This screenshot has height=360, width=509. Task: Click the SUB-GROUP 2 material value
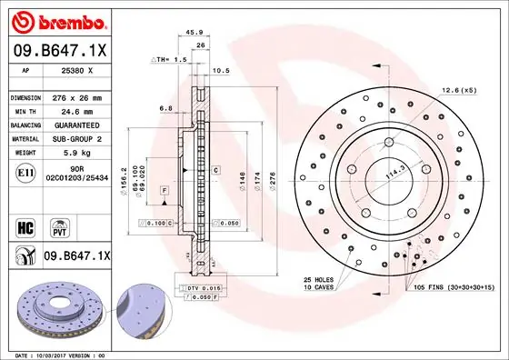click(x=77, y=138)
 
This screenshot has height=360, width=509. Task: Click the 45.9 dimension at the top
click(x=194, y=34)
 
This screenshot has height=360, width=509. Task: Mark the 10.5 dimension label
click(x=220, y=70)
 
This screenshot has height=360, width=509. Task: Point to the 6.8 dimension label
click(x=166, y=108)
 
